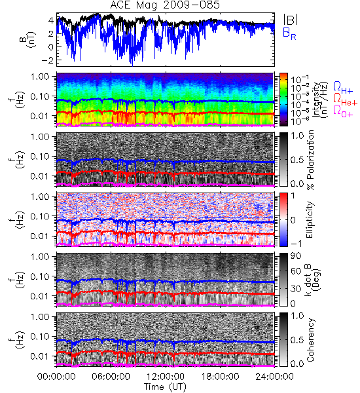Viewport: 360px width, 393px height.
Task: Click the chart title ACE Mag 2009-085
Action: point(165,5)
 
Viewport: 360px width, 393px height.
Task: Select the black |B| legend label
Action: point(291,20)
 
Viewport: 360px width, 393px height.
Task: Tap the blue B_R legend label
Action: point(289,33)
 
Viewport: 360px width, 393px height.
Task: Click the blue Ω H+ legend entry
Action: point(343,88)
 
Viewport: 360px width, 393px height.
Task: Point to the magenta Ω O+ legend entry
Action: point(343,111)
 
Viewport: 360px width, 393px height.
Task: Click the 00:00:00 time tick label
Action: point(56,377)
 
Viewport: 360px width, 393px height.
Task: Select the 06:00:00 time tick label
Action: point(111,377)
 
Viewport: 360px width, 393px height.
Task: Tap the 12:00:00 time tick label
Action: point(166,377)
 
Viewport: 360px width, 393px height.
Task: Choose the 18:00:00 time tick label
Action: point(220,377)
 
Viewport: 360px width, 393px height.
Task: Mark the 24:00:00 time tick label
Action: point(274,377)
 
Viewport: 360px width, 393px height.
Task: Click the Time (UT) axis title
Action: point(165,387)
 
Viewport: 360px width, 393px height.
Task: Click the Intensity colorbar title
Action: point(321,100)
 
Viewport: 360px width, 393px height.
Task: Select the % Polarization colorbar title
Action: point(310,160)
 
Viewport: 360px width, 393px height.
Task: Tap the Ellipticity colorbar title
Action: point(310,220)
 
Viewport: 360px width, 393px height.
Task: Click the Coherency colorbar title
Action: point(310,340)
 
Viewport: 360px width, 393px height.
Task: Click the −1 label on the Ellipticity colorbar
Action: point(296,244)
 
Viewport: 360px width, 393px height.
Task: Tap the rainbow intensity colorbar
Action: point(283,100)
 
